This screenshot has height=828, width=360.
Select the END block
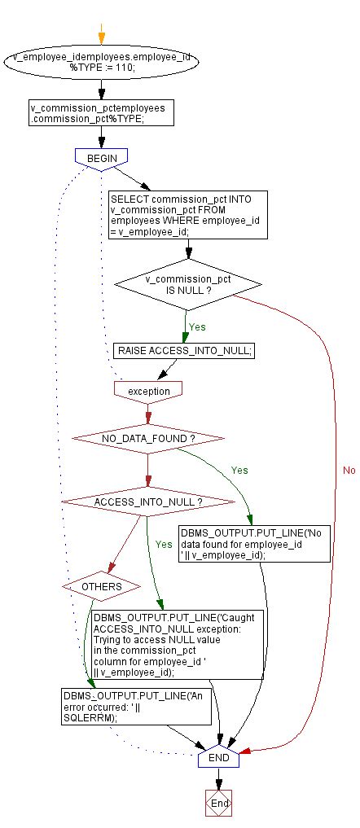point(218,757)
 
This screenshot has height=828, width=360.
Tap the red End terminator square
point(219,803)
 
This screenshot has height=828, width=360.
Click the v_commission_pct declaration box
point(101,112)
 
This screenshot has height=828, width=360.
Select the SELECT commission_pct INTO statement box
point(188,214)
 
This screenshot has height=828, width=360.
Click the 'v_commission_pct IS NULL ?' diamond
point(188,284)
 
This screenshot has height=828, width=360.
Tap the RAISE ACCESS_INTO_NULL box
point(184,350)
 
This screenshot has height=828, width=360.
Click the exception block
point(148,391)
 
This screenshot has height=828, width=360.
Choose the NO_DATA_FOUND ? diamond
point(148,438)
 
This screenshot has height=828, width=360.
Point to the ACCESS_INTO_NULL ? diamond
point(147,502)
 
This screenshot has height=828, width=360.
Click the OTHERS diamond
point(102,585)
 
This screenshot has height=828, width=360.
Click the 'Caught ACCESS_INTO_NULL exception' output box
point(167,644)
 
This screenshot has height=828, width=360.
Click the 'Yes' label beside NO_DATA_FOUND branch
point(239,470)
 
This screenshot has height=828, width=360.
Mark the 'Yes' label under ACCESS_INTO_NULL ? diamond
point(164,543)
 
